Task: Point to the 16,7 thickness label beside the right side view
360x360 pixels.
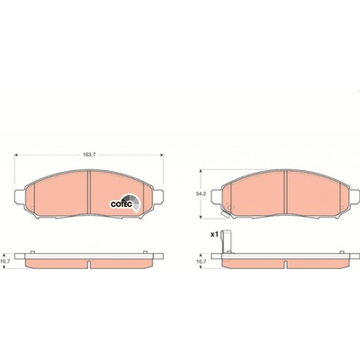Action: click(x=201, y=262)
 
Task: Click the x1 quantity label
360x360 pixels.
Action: click(x=214, y=235)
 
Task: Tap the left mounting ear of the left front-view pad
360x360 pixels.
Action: click(x=20, y=197)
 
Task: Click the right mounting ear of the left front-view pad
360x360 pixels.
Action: click(x=158, y=197)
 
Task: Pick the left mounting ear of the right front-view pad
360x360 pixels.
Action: click(x=217, y=197)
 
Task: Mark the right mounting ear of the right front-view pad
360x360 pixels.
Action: click(x=355, y=197)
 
